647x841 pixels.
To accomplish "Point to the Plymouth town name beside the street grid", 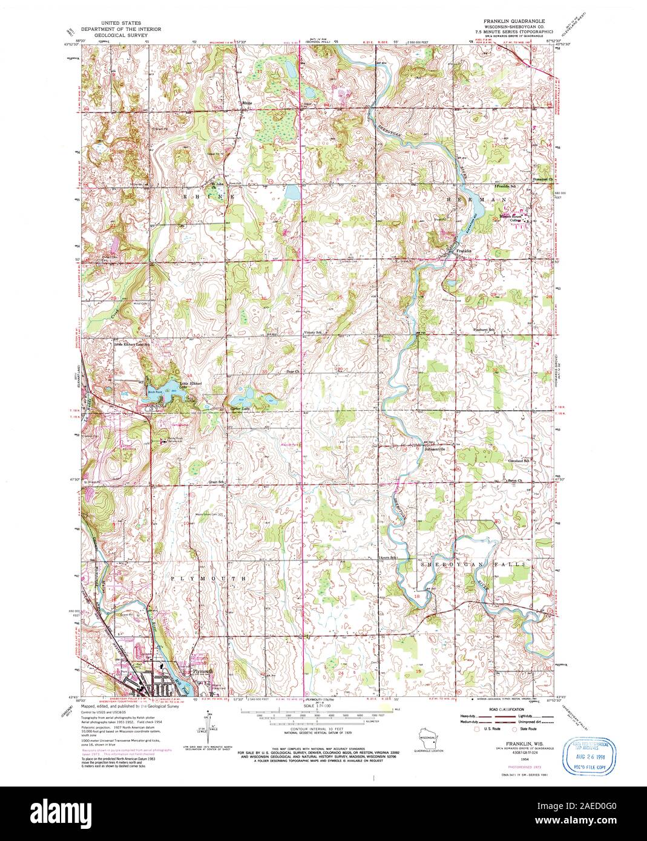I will click(200, 671).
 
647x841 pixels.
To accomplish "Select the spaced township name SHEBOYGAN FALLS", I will click(458, 563).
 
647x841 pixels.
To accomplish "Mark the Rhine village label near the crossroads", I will click(246, 103).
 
